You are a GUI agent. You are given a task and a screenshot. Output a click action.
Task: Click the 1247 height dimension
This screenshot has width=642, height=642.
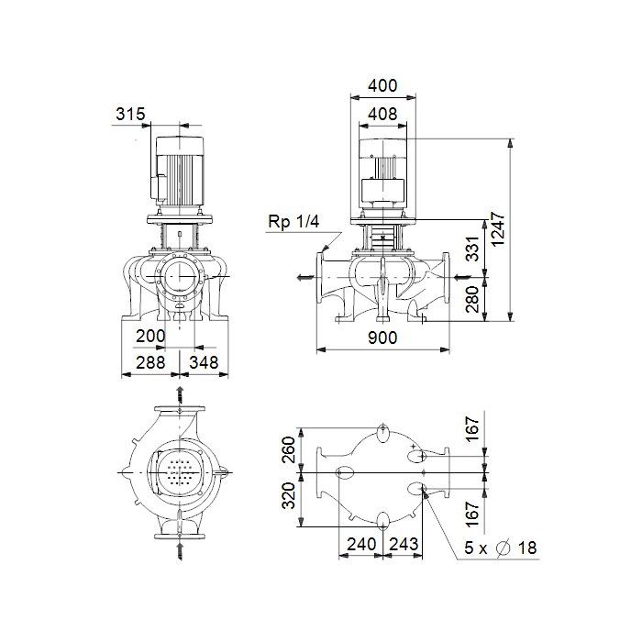(497, 229)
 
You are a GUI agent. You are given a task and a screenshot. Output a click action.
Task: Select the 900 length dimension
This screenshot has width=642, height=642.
(382, 338)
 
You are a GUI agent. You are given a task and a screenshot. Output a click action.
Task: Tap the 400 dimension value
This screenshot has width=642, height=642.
(382, 85)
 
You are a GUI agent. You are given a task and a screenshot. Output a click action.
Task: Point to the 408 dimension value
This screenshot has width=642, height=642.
(382, 114)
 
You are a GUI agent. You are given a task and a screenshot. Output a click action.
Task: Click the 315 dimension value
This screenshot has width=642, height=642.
(130, 114)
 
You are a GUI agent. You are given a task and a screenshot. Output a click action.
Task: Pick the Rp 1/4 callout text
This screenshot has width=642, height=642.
(293, 222)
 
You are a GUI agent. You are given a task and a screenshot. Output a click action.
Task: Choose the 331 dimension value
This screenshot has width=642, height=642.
(472, 249)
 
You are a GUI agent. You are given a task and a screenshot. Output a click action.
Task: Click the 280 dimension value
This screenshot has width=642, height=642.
(472, 299)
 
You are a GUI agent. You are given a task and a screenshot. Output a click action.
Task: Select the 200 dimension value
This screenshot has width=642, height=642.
(150, 337)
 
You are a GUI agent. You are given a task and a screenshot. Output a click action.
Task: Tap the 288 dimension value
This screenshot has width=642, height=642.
(150, 362)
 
